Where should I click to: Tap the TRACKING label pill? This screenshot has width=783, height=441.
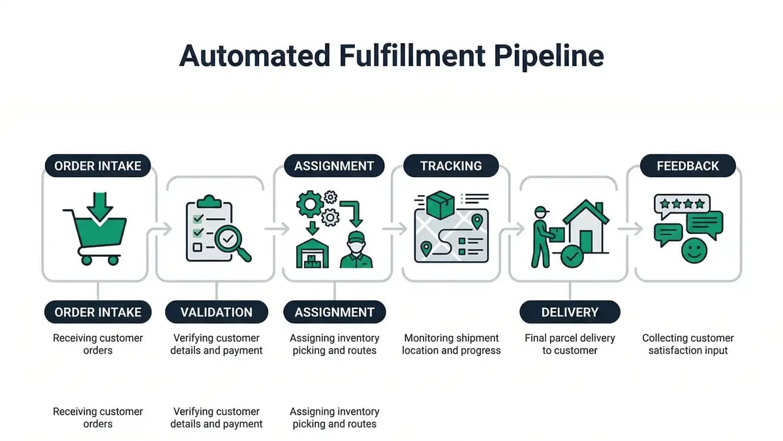[x=451, y=166]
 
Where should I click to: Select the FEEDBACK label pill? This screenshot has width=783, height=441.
[x=687, y=166]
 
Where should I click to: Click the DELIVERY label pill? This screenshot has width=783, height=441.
[x=569, y=312]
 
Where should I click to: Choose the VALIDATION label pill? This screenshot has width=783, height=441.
[x=216, y=312]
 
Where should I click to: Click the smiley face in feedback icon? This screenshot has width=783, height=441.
[x=693, y=251]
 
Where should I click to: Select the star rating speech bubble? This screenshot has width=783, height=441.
[x=682, y=205]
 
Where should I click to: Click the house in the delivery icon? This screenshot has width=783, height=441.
[x=585, y=225]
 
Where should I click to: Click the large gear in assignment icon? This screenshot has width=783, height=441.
[x=310, y=204]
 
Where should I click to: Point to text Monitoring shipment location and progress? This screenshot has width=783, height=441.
[x=451, y=344]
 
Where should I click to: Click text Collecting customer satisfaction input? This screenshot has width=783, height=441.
[x=687, y=344]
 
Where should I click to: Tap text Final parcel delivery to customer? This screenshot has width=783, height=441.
[x=569, y=344]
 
